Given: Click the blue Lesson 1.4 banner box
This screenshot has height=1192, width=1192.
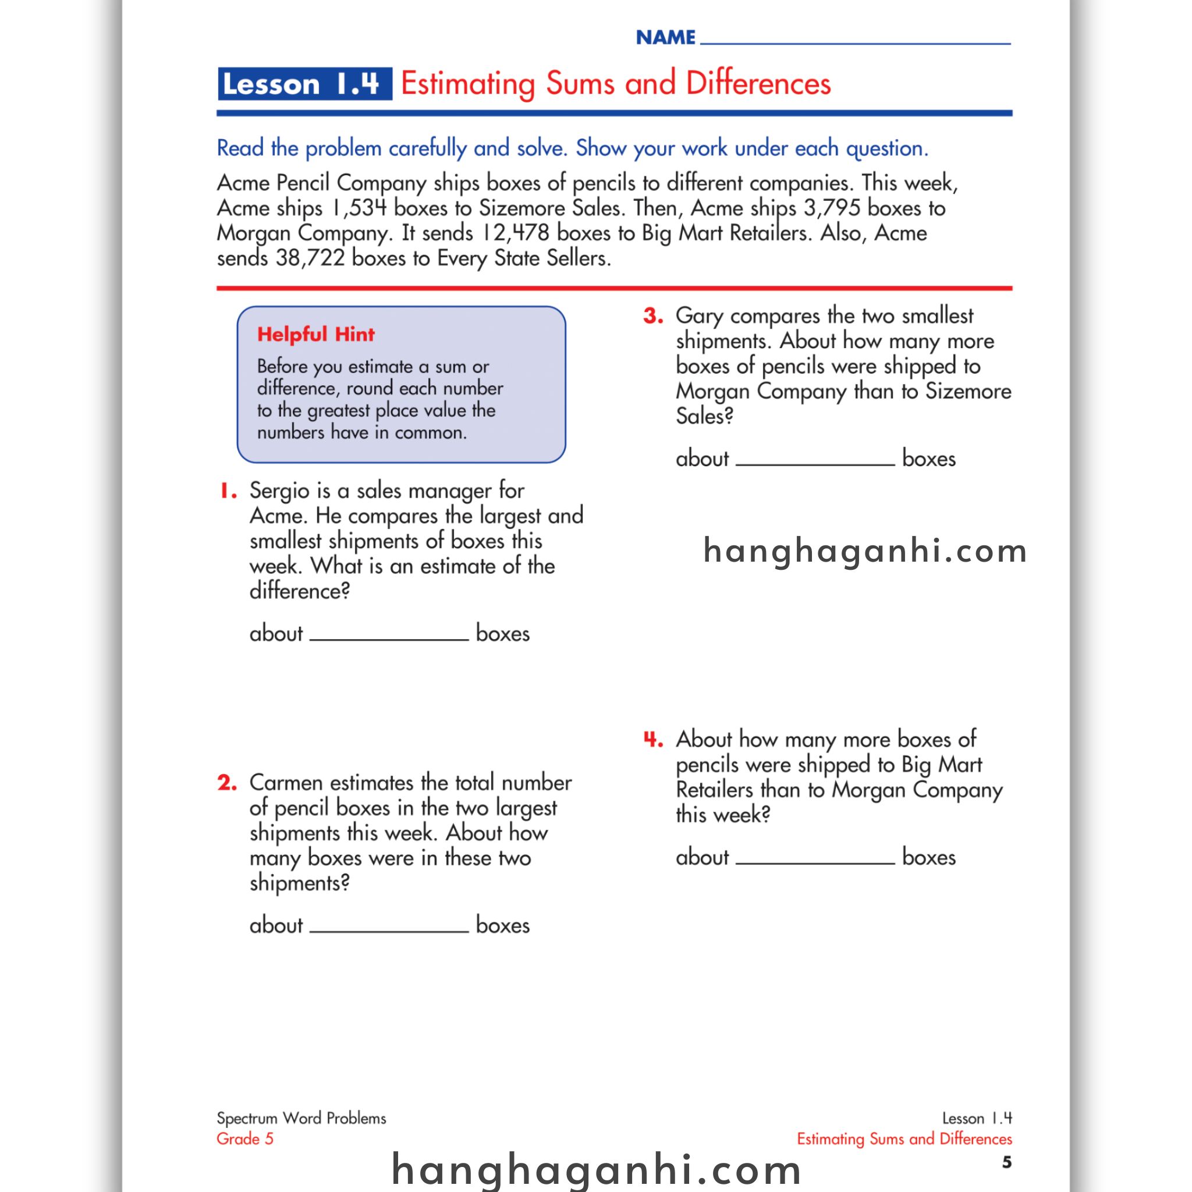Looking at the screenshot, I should [305, 84].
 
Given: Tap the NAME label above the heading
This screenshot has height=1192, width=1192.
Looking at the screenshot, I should [665, 38].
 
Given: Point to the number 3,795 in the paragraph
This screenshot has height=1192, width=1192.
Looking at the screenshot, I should [832, 208].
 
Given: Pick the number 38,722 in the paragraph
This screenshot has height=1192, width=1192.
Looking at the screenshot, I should [310, 258].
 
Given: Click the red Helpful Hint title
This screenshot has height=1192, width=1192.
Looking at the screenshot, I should [316, 335].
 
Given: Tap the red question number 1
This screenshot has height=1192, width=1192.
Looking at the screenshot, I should [229, 492].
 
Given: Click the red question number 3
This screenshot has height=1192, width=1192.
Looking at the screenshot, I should [654, 317].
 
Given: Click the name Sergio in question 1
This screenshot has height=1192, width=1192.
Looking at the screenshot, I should [279, 492].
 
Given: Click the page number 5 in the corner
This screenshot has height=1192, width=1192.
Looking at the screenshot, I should [1006, 1162].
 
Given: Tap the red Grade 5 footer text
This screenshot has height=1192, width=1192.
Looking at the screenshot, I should [245, 1139].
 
